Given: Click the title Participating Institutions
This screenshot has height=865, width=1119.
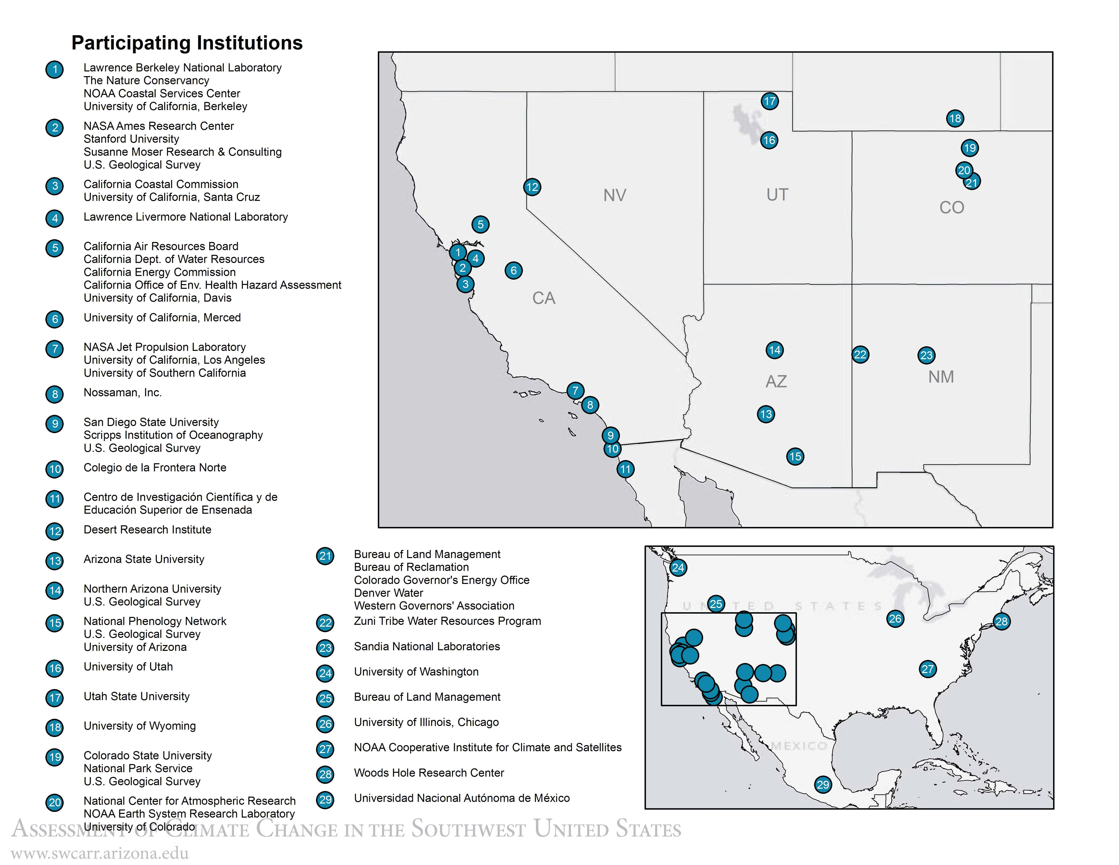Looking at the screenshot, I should pos(187,43).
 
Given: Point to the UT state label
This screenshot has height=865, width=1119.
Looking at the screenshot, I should pos(777,195).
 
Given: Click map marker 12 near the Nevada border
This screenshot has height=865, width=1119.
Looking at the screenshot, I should pos(532,187).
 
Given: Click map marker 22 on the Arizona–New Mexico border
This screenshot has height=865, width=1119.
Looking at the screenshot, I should pos(860,355).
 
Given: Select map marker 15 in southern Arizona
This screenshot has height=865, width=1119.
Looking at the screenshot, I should pos(795,457).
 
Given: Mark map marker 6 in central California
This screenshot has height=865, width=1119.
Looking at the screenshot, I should pos(513,270).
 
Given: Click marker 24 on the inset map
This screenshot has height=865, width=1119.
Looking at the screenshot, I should pos(678,568).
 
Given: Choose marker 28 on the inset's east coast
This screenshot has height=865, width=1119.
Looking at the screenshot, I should pos(1001,622).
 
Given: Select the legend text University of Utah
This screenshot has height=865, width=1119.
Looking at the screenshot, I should pos(128,667).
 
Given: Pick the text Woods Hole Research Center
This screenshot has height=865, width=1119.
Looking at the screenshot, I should pos(429,773).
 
